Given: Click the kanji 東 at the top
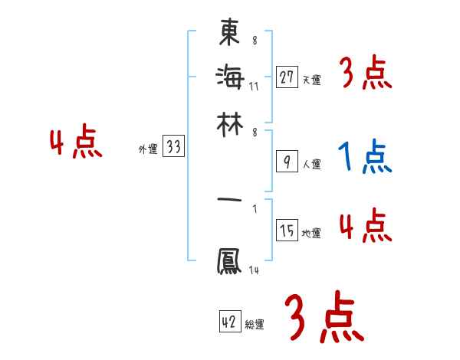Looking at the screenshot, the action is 230,34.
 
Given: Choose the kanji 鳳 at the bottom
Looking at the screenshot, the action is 230,261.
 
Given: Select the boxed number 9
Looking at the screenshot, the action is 286,162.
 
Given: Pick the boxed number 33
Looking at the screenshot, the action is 173,147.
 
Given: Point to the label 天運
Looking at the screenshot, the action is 311,80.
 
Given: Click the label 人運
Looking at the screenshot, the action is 311,164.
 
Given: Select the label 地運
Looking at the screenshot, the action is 311,234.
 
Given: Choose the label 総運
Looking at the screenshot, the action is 255,325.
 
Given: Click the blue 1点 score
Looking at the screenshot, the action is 364,157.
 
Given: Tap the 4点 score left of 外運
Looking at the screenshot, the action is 76,143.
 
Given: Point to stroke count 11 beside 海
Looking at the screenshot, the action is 254,86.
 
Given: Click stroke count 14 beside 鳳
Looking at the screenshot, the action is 254,270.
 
